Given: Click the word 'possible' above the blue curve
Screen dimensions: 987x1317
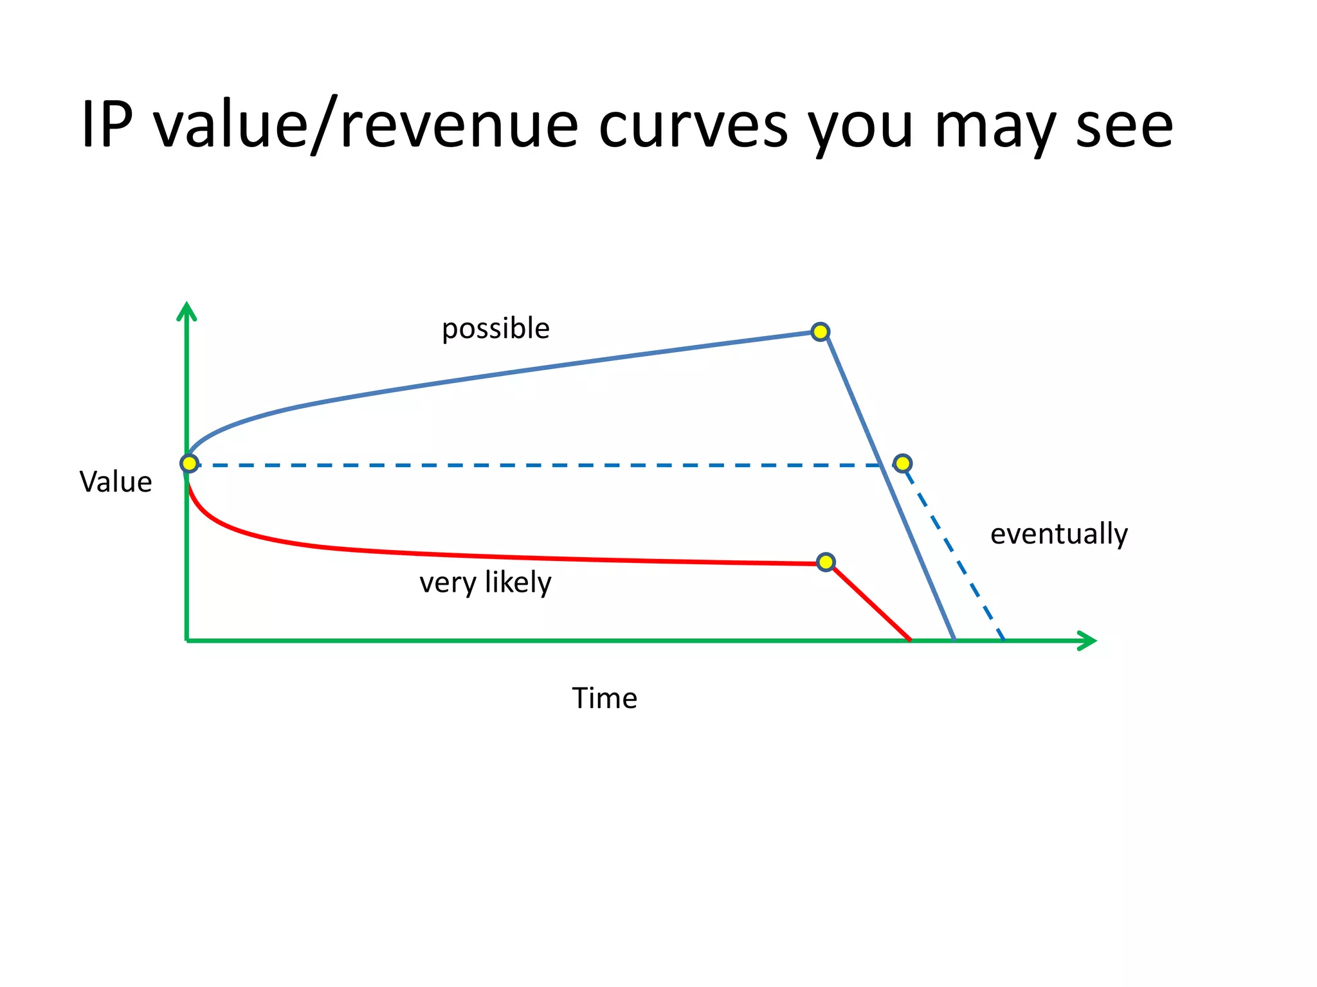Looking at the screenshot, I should pos(495,329).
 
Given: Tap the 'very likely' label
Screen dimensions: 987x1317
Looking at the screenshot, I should pos(485,582).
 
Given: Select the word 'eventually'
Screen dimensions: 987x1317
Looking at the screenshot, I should pos(1058,534).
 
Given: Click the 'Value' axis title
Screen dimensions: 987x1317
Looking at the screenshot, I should pos(116,482).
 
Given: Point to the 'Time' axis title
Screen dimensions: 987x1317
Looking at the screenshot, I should pos(604,698).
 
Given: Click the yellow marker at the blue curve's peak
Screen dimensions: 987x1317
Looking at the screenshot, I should pos(820,332).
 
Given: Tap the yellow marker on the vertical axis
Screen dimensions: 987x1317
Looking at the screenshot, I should pos(189,463).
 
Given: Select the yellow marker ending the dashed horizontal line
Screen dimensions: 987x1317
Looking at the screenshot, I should pos(902,463).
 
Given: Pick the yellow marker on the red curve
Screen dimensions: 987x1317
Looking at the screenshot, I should pos(826,562).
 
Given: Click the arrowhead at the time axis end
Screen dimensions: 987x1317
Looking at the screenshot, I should pos(1087,641).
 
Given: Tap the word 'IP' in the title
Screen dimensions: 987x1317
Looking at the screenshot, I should pos(107,125).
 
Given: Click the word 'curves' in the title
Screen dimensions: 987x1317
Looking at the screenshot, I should pos(693,125).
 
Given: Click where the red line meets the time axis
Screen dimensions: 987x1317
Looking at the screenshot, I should pos(909,639).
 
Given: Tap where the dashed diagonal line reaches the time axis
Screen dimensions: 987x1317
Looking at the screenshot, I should pos(1003,639).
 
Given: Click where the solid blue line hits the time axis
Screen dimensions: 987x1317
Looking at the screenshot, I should pos(954,639).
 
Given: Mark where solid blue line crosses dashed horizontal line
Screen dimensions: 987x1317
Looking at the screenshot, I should pos(880,465).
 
